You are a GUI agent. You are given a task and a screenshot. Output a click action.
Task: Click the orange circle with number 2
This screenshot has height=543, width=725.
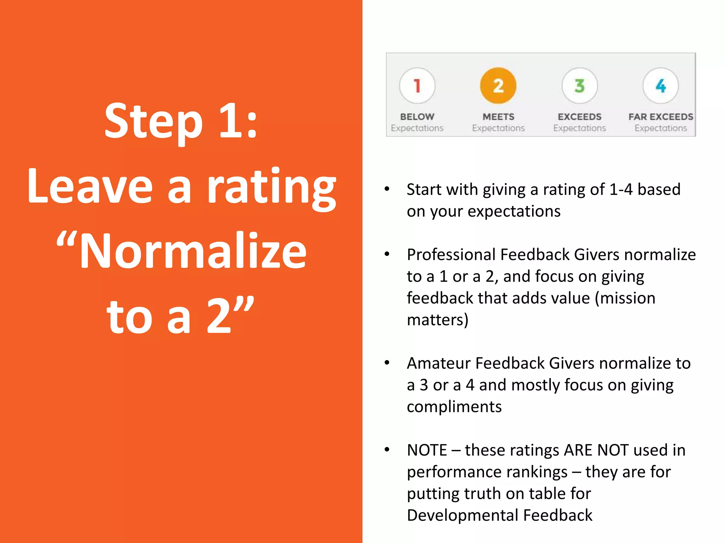tap(498, 86)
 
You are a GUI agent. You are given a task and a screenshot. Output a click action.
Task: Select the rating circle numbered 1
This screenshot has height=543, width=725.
tap(417, 86)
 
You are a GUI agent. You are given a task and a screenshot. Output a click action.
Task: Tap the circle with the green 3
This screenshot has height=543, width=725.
tap(580, 86)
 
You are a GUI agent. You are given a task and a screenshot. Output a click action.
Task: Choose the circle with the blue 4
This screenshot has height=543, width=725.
tap(661, 86)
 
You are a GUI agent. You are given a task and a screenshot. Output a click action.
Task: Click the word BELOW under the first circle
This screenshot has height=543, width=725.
tap(417, 117)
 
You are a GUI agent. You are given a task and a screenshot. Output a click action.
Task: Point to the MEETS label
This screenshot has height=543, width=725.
tap(498, 117)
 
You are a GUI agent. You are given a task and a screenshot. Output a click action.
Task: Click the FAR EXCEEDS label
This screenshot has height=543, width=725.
tap(661, 117)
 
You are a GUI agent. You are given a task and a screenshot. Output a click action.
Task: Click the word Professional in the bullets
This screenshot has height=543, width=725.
tap(451, 255)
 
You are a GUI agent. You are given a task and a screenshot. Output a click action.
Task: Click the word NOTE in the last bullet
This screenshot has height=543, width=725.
tap(427, 450)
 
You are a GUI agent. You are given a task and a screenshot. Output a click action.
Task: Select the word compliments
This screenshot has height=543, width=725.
tap(454, 407)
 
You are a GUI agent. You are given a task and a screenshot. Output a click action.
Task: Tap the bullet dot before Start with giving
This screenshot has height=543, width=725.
tap(387, 189)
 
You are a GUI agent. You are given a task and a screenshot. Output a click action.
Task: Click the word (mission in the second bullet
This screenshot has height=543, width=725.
tap(625, 298)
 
